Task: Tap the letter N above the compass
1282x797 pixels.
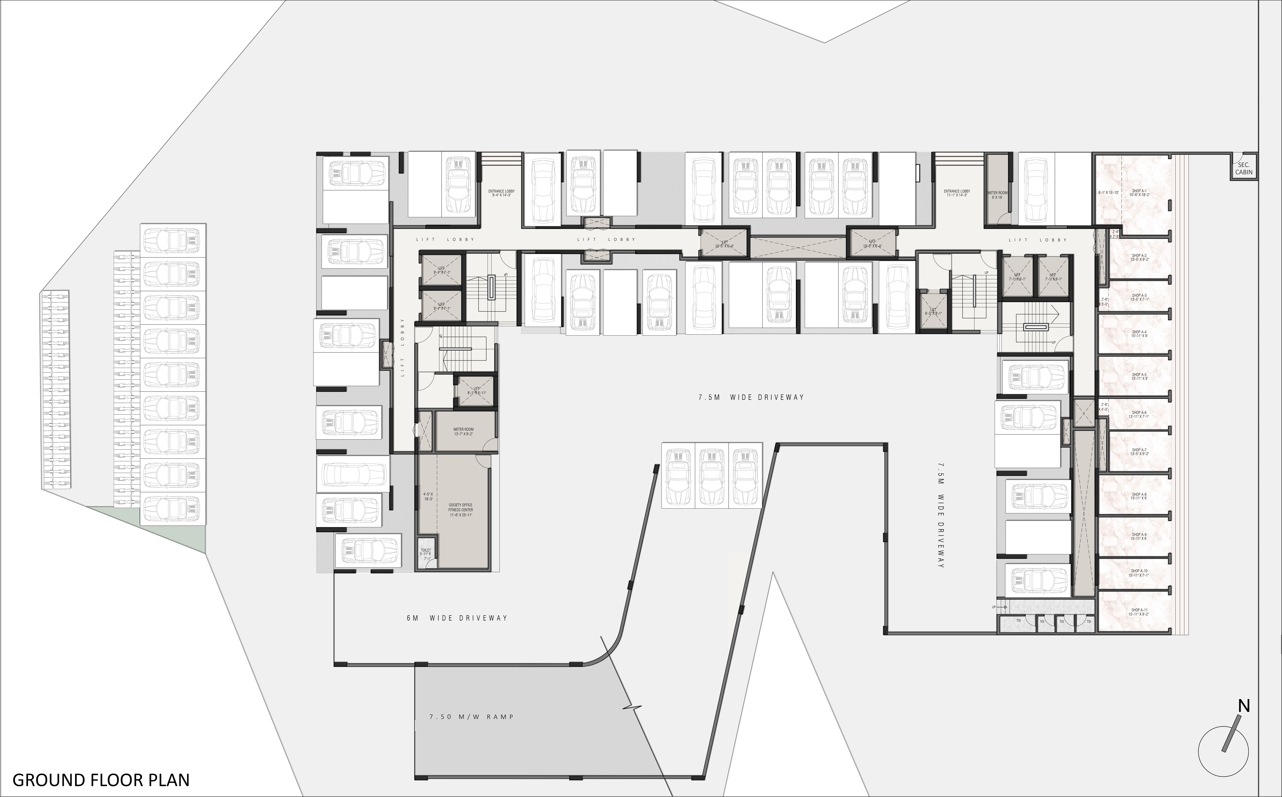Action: coord(1244,706)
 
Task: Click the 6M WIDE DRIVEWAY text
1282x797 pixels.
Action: coord(457,618)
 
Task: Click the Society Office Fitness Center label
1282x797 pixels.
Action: coord(461,510)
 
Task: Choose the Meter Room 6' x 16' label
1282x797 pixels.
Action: coord(997,195)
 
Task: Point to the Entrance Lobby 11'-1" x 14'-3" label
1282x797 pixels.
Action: coord(957,193)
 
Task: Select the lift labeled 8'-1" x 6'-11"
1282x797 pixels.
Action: coord(476,391)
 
